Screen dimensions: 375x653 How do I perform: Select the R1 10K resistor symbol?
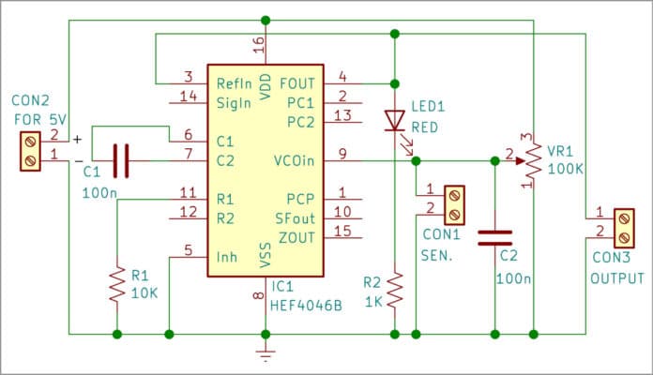coord(117,283)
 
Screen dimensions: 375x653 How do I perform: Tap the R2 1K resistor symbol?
coord(395,289)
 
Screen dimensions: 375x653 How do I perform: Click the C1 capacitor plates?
coord(120,159)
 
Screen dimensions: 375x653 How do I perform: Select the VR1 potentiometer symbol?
coord(532,160)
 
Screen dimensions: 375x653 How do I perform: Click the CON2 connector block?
coord(31,150)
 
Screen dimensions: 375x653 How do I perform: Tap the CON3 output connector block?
coord(623,224)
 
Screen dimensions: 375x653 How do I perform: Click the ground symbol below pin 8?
coord(266,354)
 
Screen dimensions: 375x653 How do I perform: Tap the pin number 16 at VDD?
coord(259,46)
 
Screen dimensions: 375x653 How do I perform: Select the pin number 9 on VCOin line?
coord(343,153)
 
